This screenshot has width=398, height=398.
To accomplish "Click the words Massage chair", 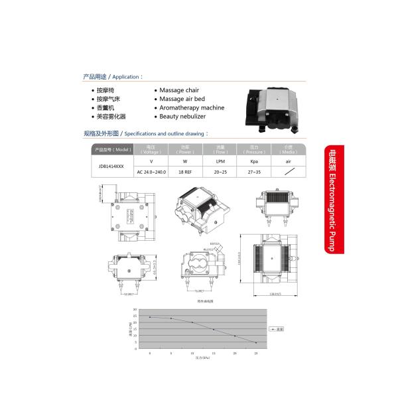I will pyautogui.click(x=179, y=90).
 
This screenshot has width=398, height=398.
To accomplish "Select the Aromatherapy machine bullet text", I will pyautogui.click(x=192, y=107).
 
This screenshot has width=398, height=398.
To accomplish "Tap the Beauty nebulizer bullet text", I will pyautogui.click(x=182, y=116).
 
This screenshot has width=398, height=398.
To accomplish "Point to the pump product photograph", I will pyautogui.click(x=274, y=103).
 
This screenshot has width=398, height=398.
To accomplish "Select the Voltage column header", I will pyautogui.click(x=151, y=150).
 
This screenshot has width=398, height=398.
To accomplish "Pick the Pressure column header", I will pyautogui.click(x=253, y=150).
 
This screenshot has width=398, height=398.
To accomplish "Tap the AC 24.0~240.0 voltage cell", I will pyautogui.click(x=151, y=171).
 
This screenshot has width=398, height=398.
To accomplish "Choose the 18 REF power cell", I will pyautogui.click(x=185, y=171).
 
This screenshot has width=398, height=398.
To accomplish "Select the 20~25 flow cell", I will pyautogui.click(x=220, y=171).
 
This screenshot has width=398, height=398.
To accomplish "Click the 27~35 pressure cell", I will pyautogui.click(x=253, y=171).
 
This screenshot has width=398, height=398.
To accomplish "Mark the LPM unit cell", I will pyautogui.click(x=220, y=161).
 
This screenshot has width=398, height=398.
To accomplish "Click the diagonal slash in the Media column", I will pyautogui.click(x=288, y=171).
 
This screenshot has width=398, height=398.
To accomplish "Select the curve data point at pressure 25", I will pyautogui.click(x=255, y=343).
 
